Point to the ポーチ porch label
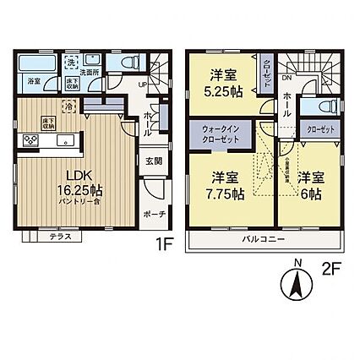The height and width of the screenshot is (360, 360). [154, 214]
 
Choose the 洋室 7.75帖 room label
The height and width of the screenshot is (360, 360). [224, 184]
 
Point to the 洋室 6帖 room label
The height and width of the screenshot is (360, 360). [312, 184]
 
